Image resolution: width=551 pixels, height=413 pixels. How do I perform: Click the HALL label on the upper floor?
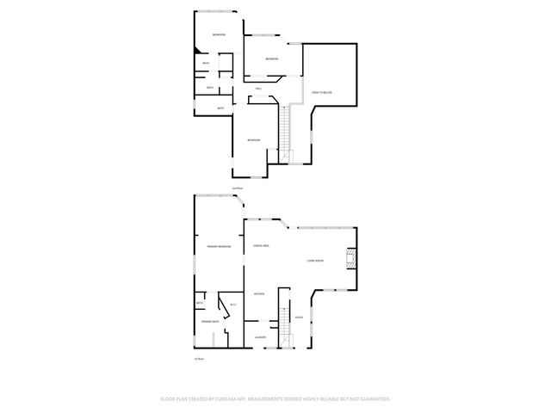coord(258,89)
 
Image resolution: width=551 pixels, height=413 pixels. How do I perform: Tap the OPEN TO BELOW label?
coord(322,91)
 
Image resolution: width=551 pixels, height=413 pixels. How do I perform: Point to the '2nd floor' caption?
coord(237,188)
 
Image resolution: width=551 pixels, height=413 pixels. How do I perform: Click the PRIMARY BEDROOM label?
coord(219,247)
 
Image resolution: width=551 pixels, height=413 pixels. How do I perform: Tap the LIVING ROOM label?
coord(315,261)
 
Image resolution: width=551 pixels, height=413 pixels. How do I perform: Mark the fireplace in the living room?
coord(350,259)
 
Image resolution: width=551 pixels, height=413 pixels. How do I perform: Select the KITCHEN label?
coord(258,294)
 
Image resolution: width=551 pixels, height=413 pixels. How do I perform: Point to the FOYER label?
coord(299,317)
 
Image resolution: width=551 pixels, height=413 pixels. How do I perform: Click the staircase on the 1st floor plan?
coord(280,327)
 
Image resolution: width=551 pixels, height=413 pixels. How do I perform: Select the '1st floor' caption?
coord(198,359)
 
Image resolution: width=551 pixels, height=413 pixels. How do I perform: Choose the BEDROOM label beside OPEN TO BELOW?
coord(271,59)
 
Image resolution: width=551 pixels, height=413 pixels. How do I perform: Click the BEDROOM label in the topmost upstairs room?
coord(219,34)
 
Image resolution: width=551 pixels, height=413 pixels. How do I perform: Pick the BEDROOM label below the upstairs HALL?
coord(253,140)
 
